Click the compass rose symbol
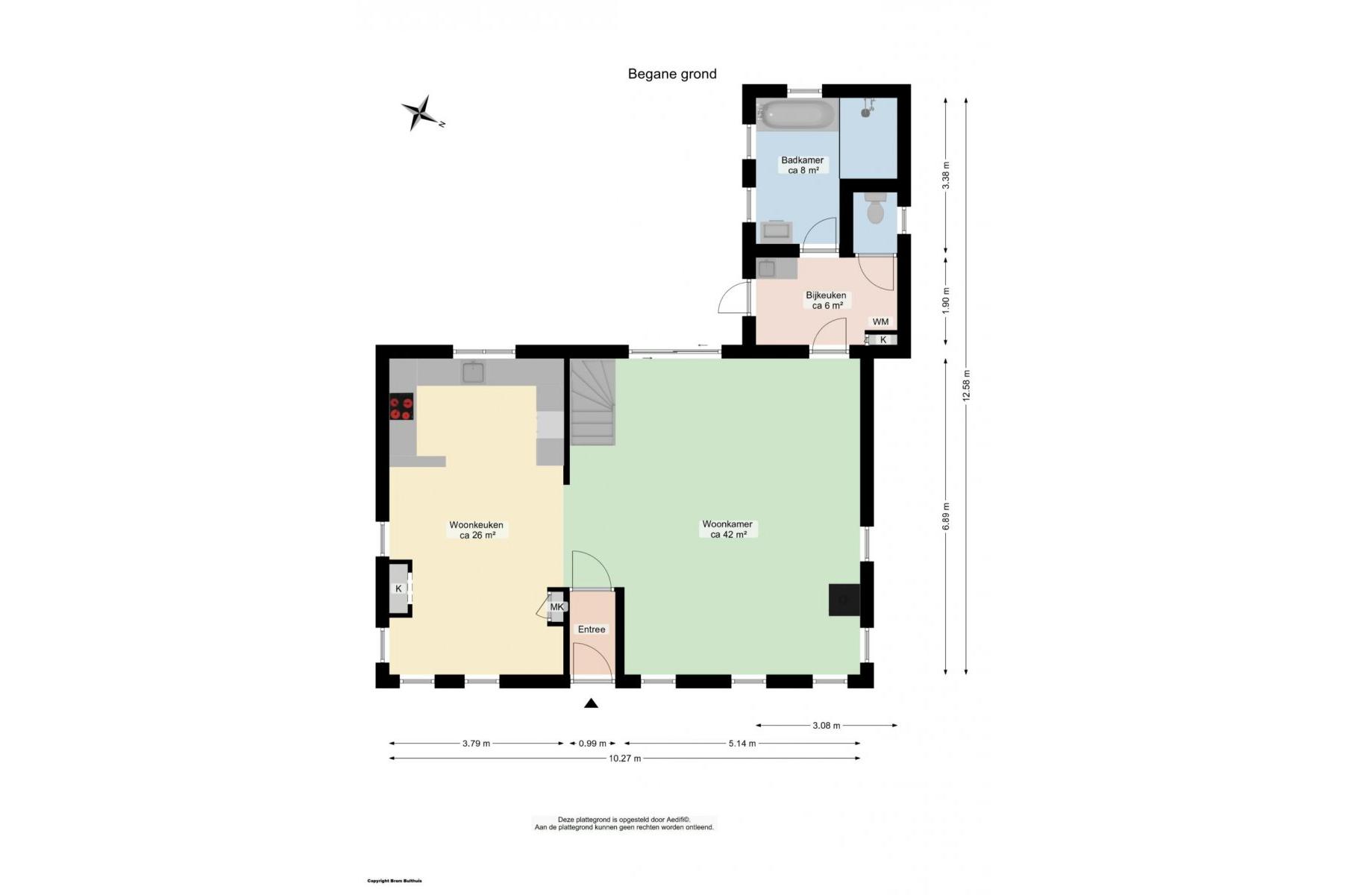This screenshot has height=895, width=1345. [422, 113]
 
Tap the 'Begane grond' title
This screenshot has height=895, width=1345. [672, 74]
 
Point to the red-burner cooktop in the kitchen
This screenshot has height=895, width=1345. [401, 407]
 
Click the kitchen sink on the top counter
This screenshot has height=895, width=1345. [473, 371]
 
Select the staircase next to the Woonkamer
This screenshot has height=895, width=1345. [593, 402]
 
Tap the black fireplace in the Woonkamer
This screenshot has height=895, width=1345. [844, 599]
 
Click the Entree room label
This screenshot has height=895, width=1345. [592, 629]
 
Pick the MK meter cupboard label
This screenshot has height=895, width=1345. [557, 607]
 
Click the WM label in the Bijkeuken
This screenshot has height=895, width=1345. [880, 322]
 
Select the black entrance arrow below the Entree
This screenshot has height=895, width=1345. [591, 703]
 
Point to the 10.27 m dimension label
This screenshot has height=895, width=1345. [624, 759]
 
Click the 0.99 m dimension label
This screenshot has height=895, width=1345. [593, 744]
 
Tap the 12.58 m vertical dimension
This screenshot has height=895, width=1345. [966, 386]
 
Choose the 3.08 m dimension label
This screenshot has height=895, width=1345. [826, 725]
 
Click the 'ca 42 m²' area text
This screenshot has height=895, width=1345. [728, 535]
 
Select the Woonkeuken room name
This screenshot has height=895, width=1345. [476, 525]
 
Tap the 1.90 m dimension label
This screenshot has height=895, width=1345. [946, 301]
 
